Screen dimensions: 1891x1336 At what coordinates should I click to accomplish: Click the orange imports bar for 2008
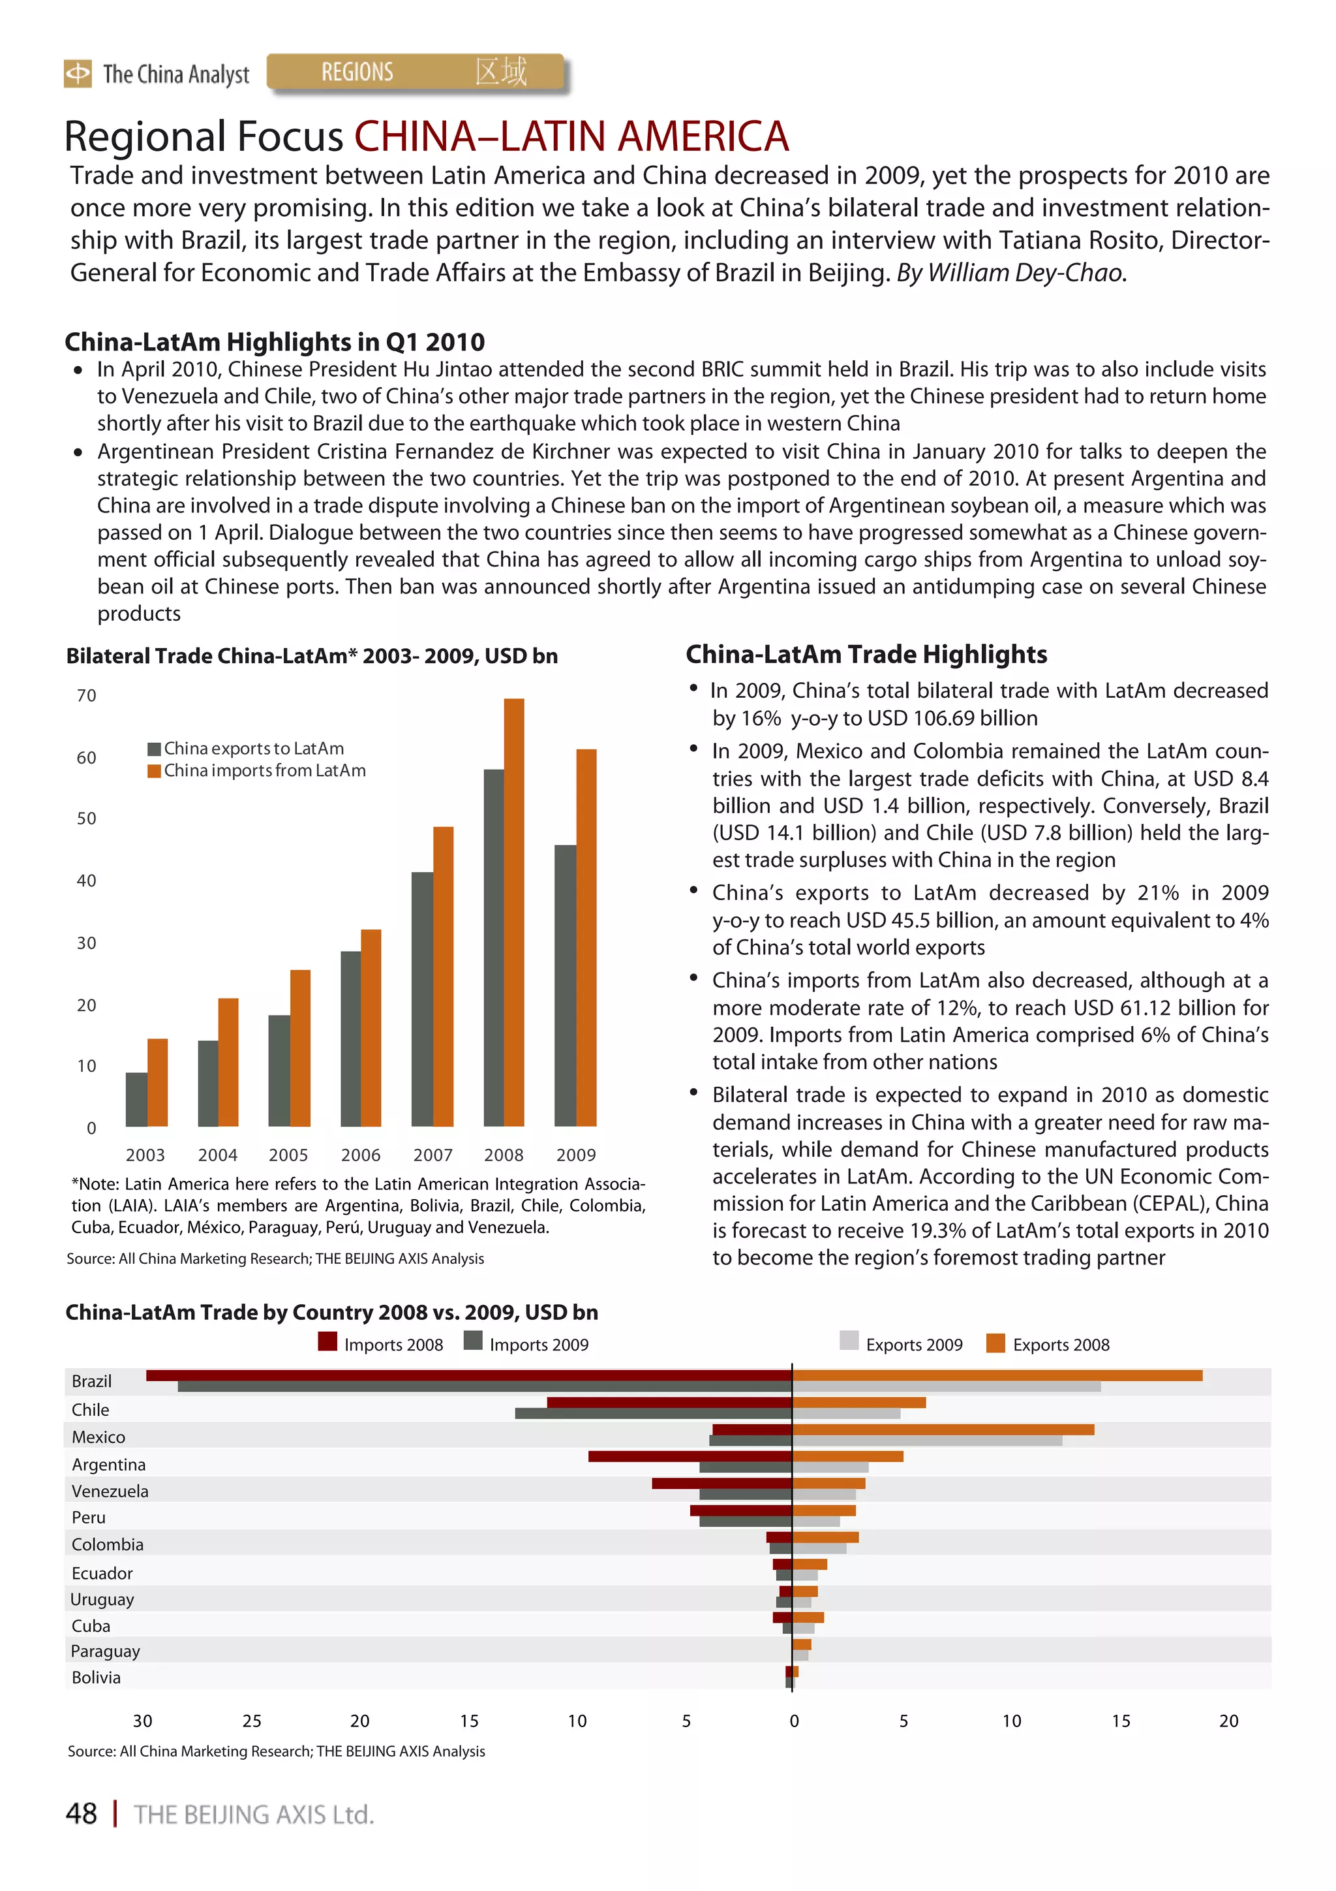pos(513,912)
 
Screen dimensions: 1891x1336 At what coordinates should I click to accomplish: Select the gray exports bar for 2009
pos(566,985)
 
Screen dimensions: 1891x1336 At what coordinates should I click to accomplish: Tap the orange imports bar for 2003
pos(157,1082)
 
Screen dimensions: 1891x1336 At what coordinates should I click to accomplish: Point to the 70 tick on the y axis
pos(86,695)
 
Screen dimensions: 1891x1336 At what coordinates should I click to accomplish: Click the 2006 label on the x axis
pos(361,1155)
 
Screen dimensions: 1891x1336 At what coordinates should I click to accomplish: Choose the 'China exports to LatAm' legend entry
pos(245,748)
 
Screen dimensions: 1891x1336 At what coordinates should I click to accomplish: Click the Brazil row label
pos(91,1381)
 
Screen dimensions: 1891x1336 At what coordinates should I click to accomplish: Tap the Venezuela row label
pos(110,1491)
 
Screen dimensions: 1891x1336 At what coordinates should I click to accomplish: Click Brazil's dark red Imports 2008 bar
pos(469,1375)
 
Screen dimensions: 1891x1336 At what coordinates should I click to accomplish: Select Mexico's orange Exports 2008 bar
pos(943,1430)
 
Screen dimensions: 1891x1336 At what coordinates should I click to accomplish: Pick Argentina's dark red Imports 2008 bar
pos(690,1456)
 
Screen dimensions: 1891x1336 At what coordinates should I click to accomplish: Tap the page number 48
pos(81,1813)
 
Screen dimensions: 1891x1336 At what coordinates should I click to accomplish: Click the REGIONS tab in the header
pos(357,72)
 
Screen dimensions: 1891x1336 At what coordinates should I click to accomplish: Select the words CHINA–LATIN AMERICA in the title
pos(571,136)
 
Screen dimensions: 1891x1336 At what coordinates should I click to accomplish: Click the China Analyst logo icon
pos(78,73)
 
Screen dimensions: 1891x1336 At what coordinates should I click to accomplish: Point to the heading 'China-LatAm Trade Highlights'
pos(866,654)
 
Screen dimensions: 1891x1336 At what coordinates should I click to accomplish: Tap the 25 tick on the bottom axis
pos(252,1721)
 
